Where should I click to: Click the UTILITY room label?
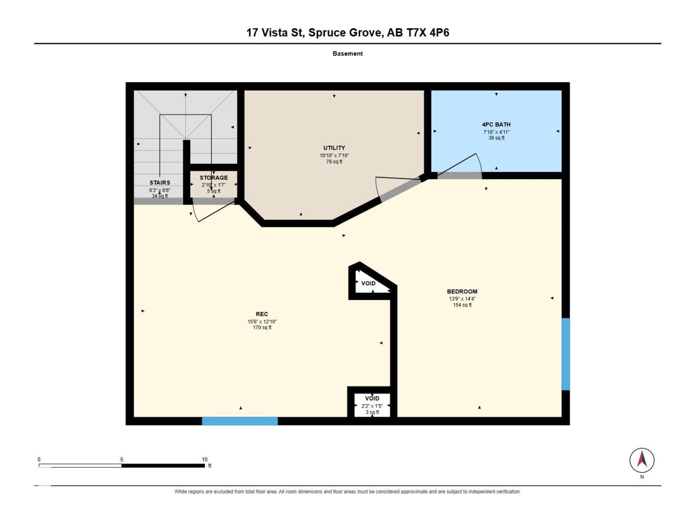tap(334, 148)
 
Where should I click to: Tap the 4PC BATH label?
tap(496, 124)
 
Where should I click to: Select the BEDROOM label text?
tap(462, 291)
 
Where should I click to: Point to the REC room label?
tap(262, 314)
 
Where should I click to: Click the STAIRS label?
tap(160, 183)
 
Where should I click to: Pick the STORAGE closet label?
tap(214, 178)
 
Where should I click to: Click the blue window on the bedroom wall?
tap(565, 354)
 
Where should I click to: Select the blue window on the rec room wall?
tap(240, 421)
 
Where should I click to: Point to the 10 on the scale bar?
tap(204, 459)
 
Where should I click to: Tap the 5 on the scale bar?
tap(122, 459)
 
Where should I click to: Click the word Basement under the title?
tap(348, 54)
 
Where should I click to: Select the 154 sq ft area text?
tap(462, 305)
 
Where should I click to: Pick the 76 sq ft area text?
tap(334, 162)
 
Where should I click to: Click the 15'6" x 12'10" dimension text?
tap(262, 321)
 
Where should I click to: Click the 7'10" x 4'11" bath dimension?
tap(496, 132)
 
